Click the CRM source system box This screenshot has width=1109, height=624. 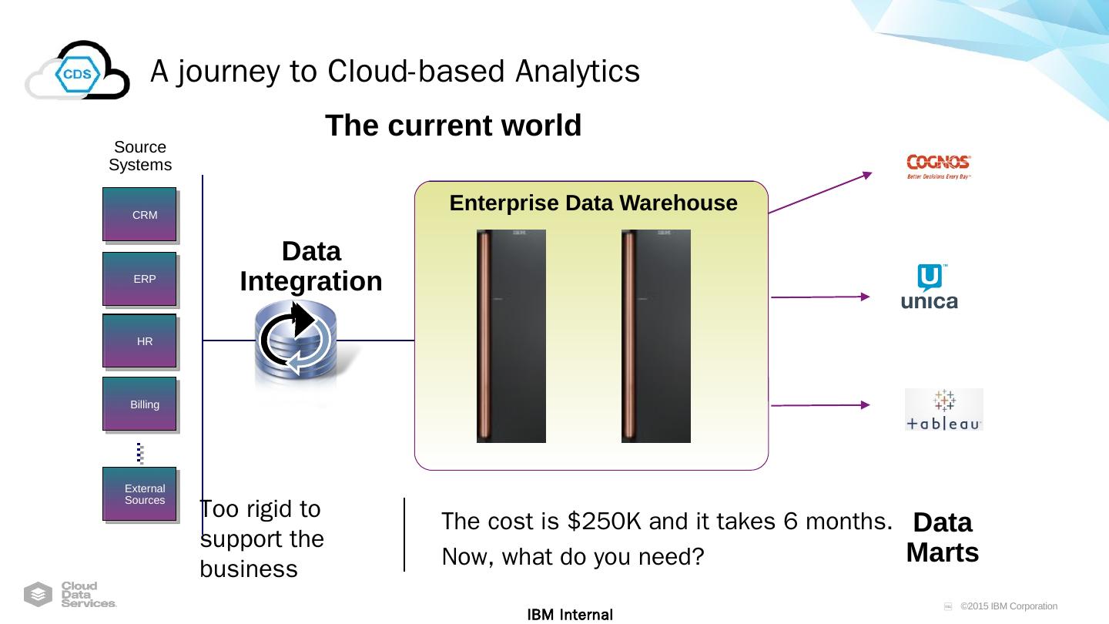click(x=140, y=215)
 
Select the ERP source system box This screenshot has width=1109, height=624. click(x=140, y=279)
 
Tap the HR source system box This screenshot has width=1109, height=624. click(x=140, y=341)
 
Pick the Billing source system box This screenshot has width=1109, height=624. click(x=140, y=404)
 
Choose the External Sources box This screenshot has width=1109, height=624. click(x=140, y=494)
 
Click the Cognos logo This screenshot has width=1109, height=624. click(x=939, y=166)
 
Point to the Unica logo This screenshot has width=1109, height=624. click(x=930, y=287)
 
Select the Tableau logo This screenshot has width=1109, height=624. click(x=944, y=410)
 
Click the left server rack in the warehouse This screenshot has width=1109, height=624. click(x=511, y=336)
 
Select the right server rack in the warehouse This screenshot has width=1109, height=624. click(x=656, y=336)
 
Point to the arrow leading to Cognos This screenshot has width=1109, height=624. click(x=820, y=193)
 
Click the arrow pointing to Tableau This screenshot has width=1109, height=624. click(x=820, y=404)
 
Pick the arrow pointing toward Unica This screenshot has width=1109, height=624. click(x=820, y=297)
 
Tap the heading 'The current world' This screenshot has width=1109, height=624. click(x=453, y=126)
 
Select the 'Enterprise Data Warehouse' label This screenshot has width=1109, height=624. click(x=593, y=203)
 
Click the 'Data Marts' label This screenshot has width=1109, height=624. click(x=942, y=538)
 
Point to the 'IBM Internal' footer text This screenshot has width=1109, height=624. click(x=570, y=615)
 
